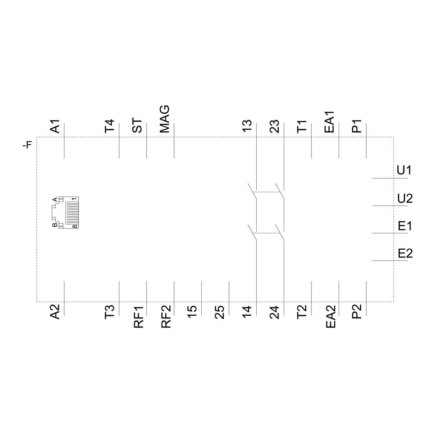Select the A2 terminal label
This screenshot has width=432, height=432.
click(55, 312)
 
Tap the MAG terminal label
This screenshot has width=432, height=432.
click(165, 119)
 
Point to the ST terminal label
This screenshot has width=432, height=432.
click(137, 126)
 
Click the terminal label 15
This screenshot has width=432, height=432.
click(193, 311)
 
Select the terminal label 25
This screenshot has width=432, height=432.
click(220, 311)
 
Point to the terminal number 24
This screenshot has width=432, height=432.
click(275, 311)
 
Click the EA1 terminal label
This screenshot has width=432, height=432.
click(330, 122)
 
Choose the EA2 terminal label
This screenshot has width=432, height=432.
click(330, 317)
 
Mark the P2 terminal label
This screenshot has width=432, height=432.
click(357, 312)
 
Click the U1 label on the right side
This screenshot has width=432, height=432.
click(404, 171)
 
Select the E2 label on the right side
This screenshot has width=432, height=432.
click(405, 253)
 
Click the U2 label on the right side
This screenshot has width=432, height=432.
click(405, 198)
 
